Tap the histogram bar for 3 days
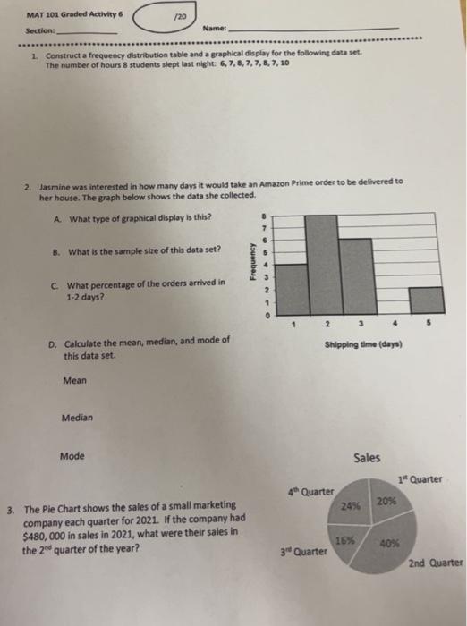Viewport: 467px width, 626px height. point(356,277)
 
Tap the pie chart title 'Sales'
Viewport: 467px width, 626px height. point(367,457)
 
